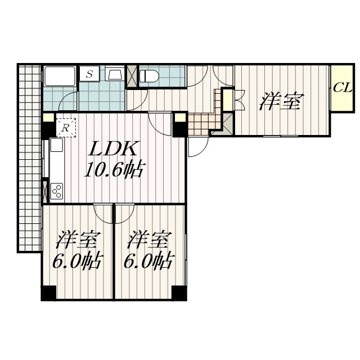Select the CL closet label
343,88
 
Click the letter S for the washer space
89,74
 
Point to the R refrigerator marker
66,128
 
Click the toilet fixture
149,76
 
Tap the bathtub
60,76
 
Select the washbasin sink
114,74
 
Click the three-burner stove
57,191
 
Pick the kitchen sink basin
56,145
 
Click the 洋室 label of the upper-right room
281,101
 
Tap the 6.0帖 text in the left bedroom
76,261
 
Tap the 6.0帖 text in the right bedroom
148,261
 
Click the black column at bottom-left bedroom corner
49,292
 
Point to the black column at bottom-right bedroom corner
179,292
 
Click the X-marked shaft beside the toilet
132,76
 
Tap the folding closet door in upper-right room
240,101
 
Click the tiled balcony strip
30,159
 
